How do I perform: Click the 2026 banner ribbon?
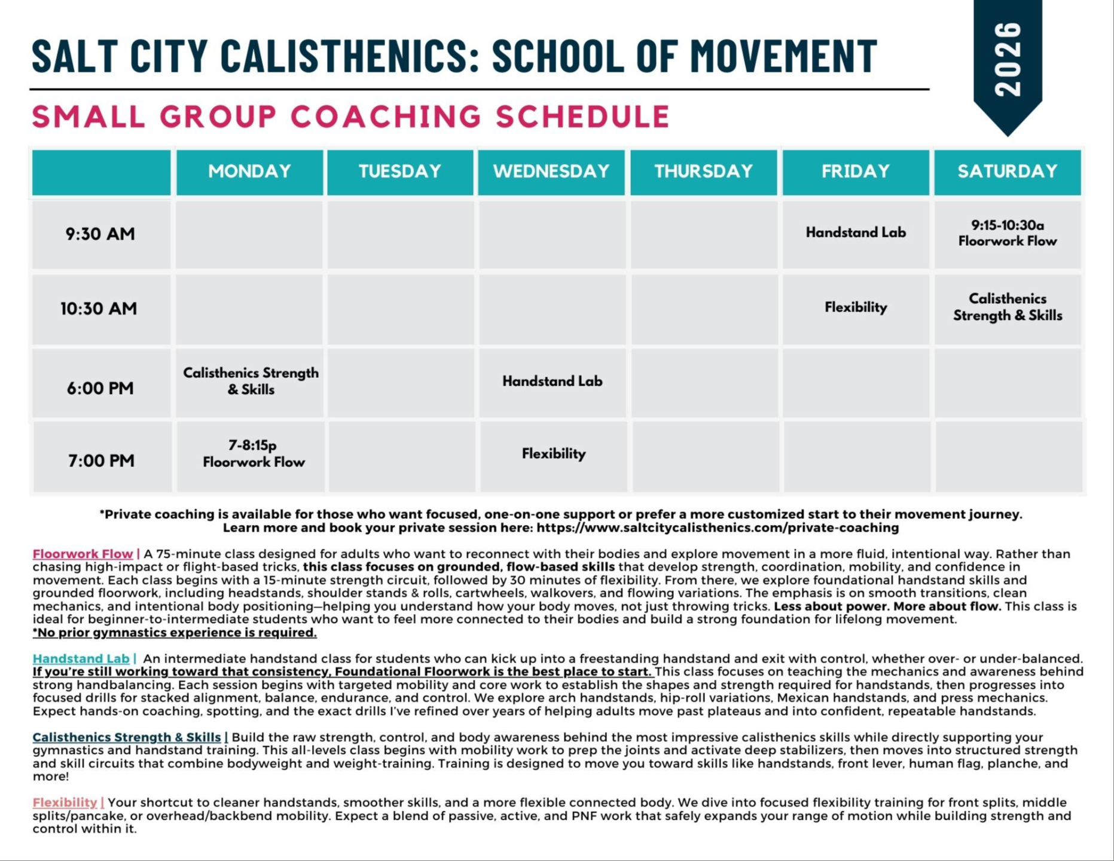(x=1008, y=60)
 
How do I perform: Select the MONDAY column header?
(x=249, y=172)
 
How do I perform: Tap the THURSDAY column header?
(x=703, y=172)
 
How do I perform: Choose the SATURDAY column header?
(x=1008, y=172)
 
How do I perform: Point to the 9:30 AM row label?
(x=100, y=234)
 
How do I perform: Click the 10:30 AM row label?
(x=99, y=309)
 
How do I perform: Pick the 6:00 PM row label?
(x=100, y=388)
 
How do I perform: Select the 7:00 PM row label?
(x=101, y=460)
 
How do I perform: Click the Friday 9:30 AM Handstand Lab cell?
(x=856, y=233)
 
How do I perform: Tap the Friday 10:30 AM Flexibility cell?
(x=856, y=307)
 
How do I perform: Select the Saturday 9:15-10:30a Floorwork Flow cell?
(x=1008, y=233)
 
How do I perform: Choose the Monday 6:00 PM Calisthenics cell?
(x=251, y=381)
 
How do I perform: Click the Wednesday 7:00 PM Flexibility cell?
(x=554, y=454)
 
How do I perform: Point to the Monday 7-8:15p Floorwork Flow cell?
(x=254, y=454)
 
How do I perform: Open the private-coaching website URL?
(x=717, y=528)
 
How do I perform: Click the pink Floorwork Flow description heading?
(x=83, y=554)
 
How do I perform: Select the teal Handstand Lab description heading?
(x=81, y=659)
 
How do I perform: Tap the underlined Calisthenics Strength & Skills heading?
(x=127, y=737)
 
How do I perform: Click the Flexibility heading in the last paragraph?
(x=65, y=802)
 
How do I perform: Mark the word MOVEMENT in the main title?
(x=783, y=56)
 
